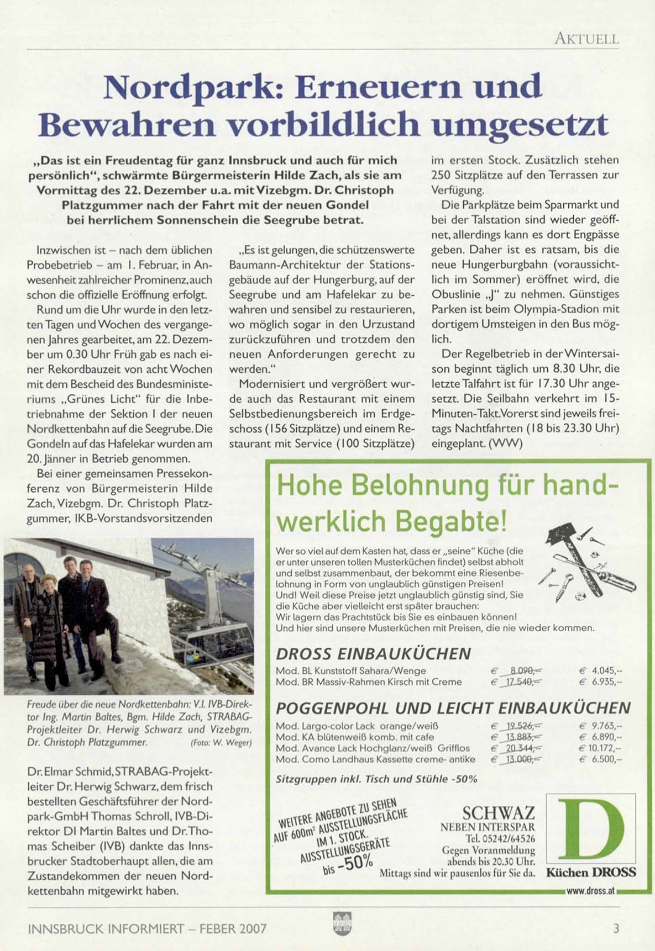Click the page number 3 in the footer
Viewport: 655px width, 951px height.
point(616,928)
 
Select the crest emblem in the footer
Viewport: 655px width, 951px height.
point(338,923)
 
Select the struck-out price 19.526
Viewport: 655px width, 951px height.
point(518,726)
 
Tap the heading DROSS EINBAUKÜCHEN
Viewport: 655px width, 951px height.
point(373,654)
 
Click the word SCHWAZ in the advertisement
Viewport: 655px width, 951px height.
point(498,813)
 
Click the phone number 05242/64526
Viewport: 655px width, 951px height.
point(507,839)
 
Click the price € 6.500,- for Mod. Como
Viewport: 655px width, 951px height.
point(600,759)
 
